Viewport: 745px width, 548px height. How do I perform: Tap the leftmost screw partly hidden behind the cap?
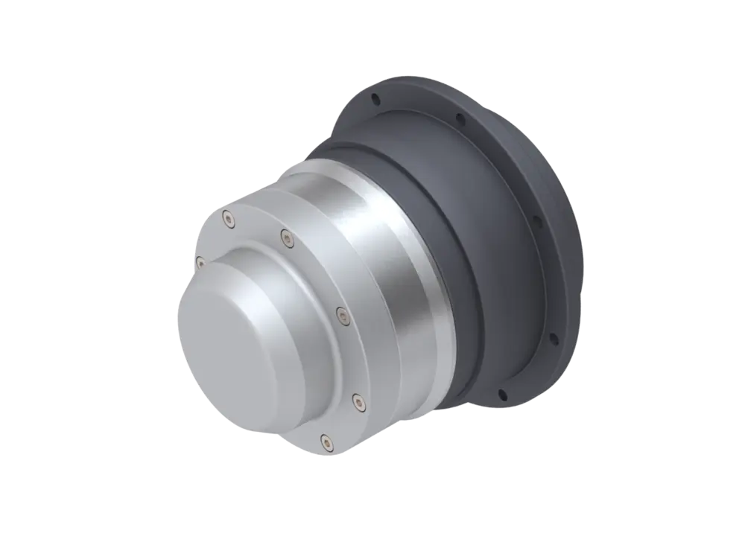200,261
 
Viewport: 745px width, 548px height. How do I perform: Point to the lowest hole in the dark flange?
501,394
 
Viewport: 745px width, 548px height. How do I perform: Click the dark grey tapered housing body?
477,246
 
